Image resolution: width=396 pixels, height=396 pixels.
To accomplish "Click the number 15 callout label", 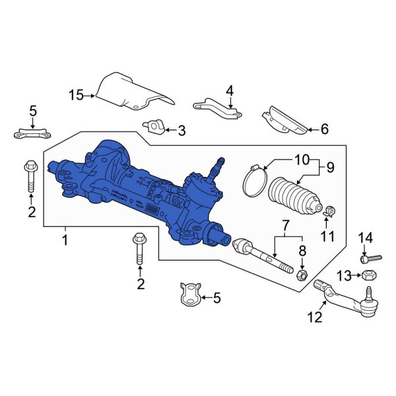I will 77,96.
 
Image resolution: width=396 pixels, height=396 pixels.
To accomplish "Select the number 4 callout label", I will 230,90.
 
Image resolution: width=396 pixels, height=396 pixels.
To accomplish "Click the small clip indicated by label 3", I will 155,125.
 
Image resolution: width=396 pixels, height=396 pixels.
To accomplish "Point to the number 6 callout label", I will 324,129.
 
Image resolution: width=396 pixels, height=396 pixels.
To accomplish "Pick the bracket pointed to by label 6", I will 284,121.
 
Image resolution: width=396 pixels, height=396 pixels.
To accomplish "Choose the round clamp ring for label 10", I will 253,183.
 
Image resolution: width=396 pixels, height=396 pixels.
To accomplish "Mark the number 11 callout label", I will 327,236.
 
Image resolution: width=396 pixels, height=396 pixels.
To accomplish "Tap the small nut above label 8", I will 300,273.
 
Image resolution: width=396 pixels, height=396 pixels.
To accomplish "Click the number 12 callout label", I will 315,317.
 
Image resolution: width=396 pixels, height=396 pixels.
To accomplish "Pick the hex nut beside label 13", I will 370,275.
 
